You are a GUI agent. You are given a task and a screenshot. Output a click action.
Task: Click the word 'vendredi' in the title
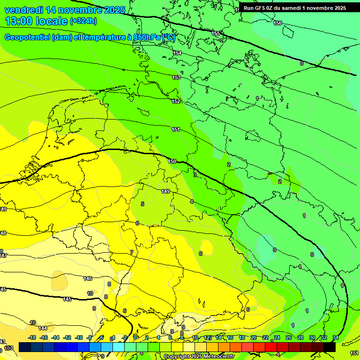pos(23,10)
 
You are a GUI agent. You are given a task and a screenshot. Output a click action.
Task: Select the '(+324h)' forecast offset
pos(83,21)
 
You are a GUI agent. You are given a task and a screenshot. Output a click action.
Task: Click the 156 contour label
pos(277,23)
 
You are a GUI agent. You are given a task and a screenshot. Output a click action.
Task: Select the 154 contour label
pos(177,53)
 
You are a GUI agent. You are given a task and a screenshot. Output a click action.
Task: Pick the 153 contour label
pos(176,77)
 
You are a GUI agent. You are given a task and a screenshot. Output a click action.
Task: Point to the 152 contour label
pos(176,101)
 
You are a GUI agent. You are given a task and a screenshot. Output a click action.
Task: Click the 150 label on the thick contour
pos(172,161)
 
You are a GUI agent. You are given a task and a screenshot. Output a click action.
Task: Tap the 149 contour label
pos(165,191)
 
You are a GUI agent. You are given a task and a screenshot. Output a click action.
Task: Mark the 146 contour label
pos(88,278)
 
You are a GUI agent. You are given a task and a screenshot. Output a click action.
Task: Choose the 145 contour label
pos(67,299)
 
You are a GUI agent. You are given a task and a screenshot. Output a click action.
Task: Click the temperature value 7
pos(132,252)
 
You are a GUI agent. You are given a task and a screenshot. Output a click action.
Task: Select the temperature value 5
pos(142,204)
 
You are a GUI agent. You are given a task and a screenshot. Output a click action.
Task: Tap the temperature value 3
pos(195,174)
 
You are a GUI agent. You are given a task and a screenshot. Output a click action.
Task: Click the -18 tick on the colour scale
pos(32,337)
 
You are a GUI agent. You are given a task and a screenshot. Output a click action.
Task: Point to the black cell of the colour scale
pos(329,347)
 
